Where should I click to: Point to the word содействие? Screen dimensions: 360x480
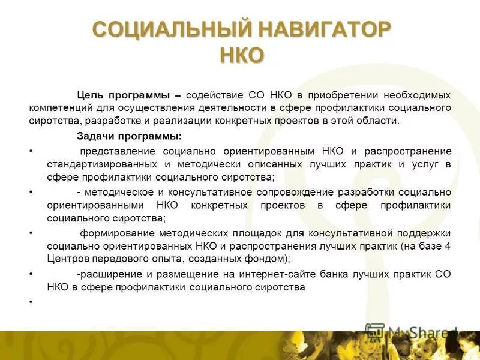coord(214,95)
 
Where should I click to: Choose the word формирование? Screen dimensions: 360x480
coord(116,233)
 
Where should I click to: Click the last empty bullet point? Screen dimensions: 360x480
coord(31,301)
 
